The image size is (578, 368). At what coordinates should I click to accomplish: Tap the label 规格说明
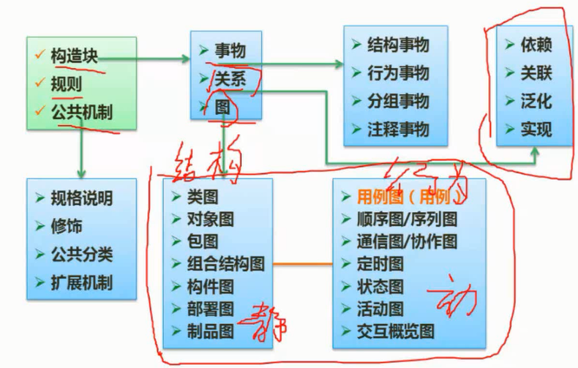point(81,198)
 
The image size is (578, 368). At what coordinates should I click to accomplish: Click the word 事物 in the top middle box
point(230,51)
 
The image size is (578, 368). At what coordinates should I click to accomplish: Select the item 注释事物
point(398,129)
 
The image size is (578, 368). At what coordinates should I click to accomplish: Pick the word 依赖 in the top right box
point(536,45)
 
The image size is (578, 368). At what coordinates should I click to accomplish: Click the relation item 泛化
point(536,101)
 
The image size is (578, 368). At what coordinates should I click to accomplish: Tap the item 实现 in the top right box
point(536,129)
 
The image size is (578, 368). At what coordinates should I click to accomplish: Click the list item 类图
point(203,197)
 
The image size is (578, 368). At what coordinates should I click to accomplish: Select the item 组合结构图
point(225,264)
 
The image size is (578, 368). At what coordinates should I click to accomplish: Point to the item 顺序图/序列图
point(407,219)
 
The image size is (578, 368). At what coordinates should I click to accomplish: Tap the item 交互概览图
point(395,331)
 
